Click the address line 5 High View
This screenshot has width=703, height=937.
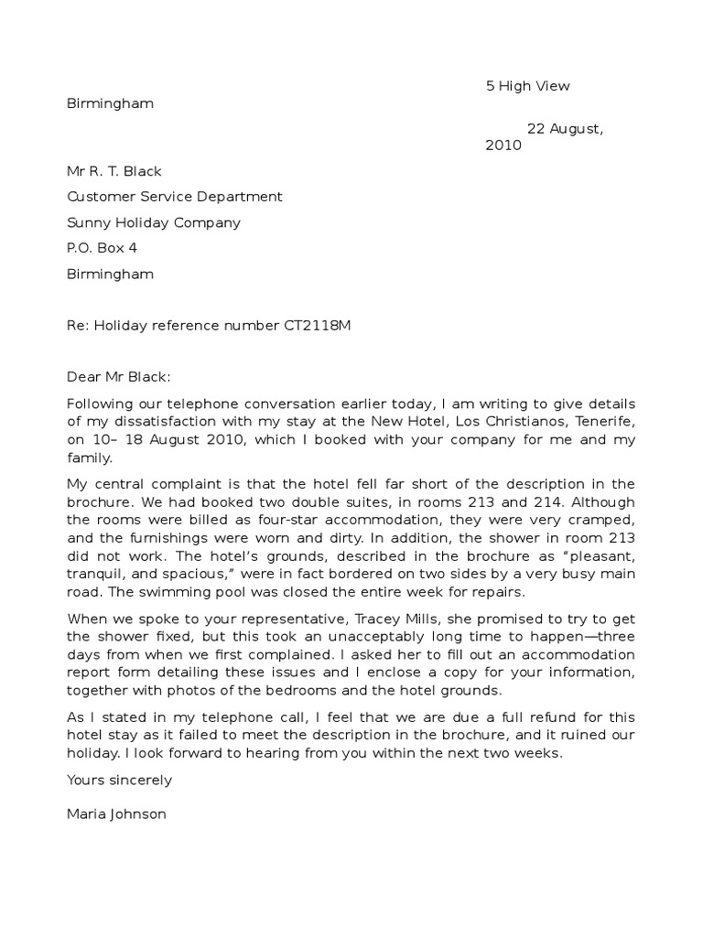527,86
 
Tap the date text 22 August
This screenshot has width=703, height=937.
565,128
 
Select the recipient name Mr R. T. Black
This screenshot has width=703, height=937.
114,171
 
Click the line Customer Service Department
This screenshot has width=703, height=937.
175,197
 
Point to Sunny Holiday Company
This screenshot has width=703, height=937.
154,222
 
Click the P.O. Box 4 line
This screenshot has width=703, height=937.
102,248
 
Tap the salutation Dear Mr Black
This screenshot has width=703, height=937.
119,376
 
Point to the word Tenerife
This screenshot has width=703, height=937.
606,421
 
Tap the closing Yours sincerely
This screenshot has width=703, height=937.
120,780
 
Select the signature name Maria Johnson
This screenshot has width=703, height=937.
116,813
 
